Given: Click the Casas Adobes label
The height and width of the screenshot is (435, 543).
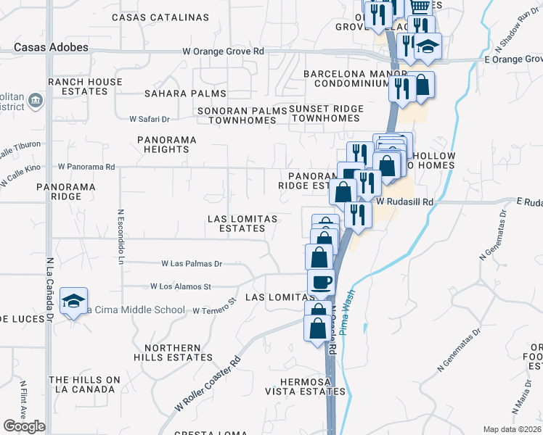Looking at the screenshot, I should [x=51, y=47].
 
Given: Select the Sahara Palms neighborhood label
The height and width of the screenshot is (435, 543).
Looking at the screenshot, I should [x=185, y=94].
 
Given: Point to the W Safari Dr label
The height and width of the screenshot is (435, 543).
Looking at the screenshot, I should [x=150, y=118].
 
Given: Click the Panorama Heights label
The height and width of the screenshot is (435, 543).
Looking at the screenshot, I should [x=166, y=144].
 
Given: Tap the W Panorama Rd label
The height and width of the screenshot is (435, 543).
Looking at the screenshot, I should [x=86, y=166].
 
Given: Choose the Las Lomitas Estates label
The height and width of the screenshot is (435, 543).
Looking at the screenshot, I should [x=237, y=223].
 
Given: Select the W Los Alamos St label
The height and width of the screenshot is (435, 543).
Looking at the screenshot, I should [x=180, y=287].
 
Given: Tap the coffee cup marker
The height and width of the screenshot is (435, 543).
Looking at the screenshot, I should [x=320, y=281].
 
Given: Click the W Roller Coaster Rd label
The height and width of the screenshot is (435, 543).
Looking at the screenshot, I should [x=208, y=384].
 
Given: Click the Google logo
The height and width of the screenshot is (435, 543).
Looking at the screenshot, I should [x=25, y=426].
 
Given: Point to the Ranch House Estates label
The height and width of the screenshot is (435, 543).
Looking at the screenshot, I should [x=85, y=87].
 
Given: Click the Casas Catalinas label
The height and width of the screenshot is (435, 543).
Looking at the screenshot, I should [x=160, y=17].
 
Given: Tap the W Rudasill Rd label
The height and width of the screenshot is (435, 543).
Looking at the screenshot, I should [x=404, y=202].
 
